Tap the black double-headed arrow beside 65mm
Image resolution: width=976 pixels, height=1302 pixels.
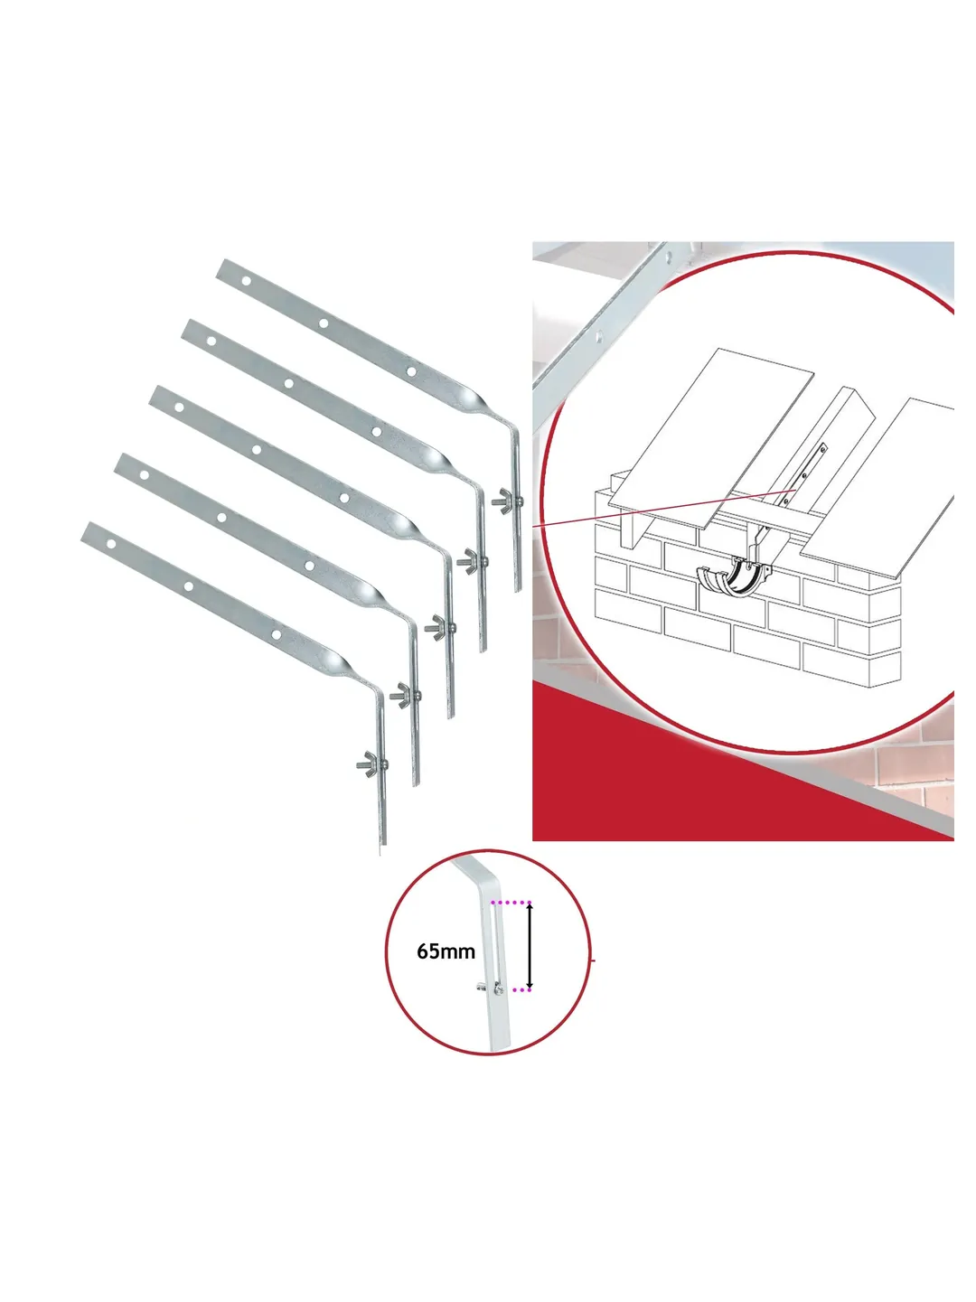530,946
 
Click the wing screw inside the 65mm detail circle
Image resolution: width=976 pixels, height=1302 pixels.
490,988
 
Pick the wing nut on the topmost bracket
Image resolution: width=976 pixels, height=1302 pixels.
506,499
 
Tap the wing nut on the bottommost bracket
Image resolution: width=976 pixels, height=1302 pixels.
371,763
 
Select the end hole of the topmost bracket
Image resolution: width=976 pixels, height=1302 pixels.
246,281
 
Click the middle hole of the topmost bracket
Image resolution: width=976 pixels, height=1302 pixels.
324,323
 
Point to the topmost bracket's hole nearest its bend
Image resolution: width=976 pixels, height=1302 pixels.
411,372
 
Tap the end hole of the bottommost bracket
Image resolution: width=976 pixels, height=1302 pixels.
111,543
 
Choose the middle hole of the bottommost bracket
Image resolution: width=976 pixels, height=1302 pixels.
189,586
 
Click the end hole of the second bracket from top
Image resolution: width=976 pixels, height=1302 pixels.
211,341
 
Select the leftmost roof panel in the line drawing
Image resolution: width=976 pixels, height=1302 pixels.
712,437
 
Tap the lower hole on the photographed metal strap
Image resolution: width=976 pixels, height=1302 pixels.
600,336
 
